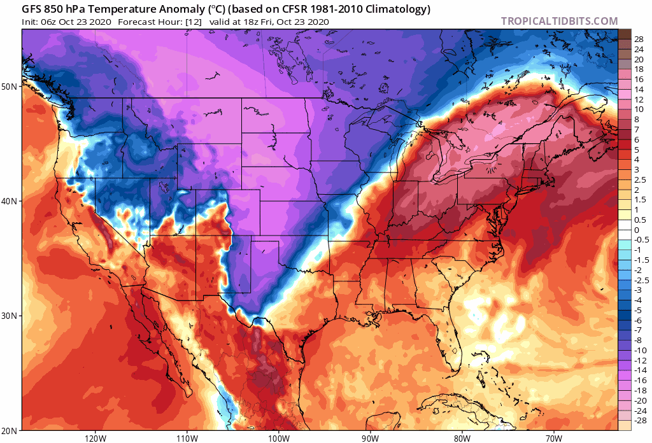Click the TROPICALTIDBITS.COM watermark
point(559,22)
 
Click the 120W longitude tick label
point(94,438)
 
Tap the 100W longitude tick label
point(278,438)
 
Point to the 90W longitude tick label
point(370,438)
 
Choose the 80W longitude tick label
point(462,438)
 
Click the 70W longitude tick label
point(553,438)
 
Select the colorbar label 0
point(637,230)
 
